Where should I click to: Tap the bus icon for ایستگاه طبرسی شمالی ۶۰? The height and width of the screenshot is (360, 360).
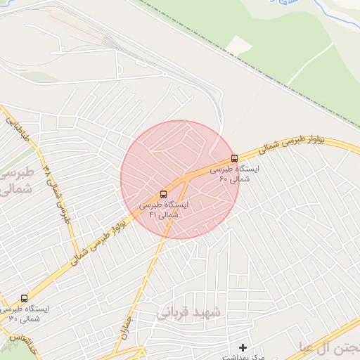pos(234,158)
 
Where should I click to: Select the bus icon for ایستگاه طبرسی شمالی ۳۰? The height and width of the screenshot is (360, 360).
pos(25,299)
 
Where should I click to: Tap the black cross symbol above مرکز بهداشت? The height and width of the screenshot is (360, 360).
pos(243,347)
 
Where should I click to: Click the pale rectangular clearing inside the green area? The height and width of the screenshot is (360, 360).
pos(240,45)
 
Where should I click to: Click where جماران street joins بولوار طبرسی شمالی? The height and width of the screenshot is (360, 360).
pos(187,178)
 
